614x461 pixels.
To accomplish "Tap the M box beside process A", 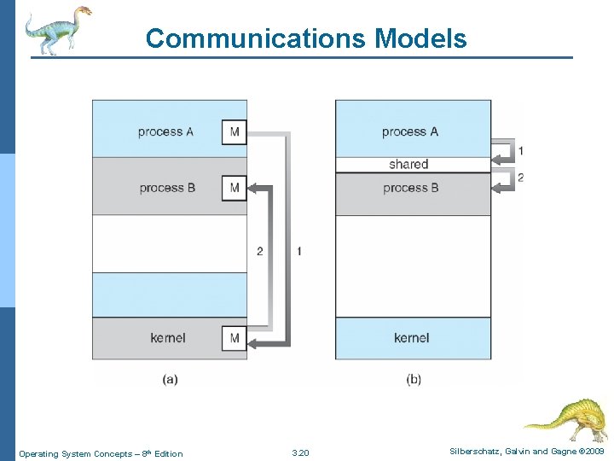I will [235, 132].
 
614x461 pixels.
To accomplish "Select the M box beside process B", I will [235, 188].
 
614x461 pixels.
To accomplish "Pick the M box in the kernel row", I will [235, 338].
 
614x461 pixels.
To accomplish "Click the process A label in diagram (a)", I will [165, 132].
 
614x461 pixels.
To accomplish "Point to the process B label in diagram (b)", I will [411, 188].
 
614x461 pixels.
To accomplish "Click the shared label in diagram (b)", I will [408, 164].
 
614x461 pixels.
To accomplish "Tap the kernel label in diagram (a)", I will [168, 338].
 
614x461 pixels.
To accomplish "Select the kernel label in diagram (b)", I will [412, 338].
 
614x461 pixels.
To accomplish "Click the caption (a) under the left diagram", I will [170, 379].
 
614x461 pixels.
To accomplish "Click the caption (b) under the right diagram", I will [414, 379].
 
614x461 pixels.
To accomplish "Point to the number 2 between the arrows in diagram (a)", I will [260, 251].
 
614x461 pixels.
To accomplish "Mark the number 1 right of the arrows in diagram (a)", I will [298, 251].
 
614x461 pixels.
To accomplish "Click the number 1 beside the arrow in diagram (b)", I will [521, 151].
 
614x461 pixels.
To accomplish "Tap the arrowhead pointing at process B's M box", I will [252, 187].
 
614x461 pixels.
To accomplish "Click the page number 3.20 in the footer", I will [300, 453].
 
